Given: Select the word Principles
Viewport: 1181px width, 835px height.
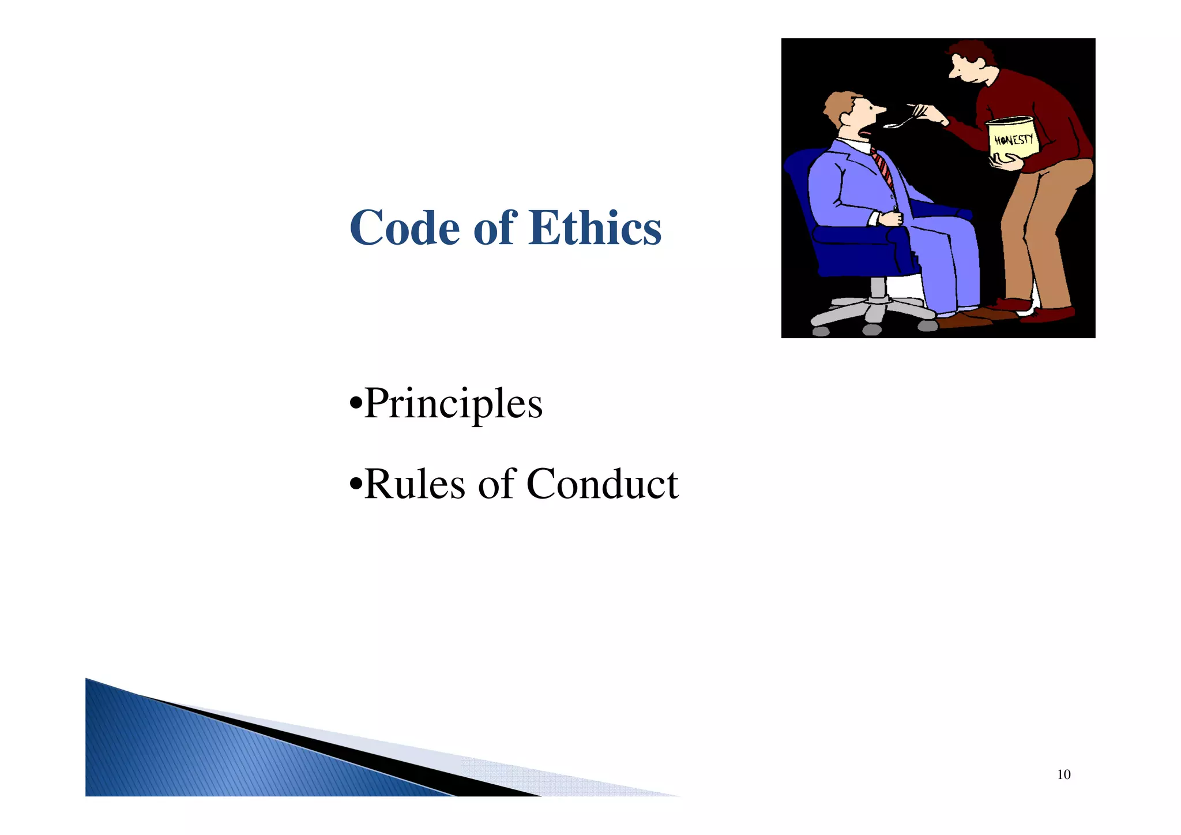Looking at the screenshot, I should coord(453,403).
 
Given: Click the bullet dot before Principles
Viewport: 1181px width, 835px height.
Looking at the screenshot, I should coord(356,402).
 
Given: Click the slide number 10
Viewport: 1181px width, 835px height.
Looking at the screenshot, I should coord(1063,774).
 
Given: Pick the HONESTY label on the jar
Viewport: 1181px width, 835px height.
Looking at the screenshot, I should coord(1014,140).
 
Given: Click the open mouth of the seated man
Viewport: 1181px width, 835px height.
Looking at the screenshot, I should coord(864,133).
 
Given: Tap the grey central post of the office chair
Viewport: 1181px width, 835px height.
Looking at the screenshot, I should coord(878,289).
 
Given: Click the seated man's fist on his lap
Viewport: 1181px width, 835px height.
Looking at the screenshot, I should coord(892,218).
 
